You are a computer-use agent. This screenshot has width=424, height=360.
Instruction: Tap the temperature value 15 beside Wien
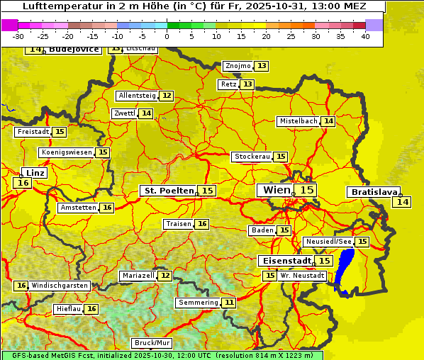click(x=306, y=190)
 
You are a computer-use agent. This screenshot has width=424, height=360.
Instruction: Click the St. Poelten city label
click(x=168, y=191)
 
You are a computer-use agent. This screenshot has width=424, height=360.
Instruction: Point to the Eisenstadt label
click(x=284, y=261)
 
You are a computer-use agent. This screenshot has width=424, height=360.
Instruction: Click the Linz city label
click(x=35, y=172)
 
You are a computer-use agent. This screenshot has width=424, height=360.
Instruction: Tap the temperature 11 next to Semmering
click(x=228, y=303)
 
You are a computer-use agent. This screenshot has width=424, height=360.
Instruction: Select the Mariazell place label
click(x=138, y=275)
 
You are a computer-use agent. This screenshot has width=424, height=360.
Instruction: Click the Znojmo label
click(x=238, y=66)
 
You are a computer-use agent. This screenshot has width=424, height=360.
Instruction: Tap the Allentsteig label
click(x=137, y=96)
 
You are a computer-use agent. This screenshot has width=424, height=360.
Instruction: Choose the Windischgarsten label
click(x=60, y=286)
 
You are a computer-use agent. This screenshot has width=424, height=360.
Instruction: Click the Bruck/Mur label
click(x=152, y=343)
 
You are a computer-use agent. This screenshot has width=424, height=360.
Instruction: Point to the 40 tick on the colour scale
click(x=365, y=36)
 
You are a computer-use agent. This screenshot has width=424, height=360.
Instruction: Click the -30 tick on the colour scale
click(x=18, y=36)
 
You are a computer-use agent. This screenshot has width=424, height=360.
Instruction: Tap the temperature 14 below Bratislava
click(x=402, y=202)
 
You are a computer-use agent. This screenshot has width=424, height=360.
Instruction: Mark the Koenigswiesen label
click(x=67, y=152)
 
